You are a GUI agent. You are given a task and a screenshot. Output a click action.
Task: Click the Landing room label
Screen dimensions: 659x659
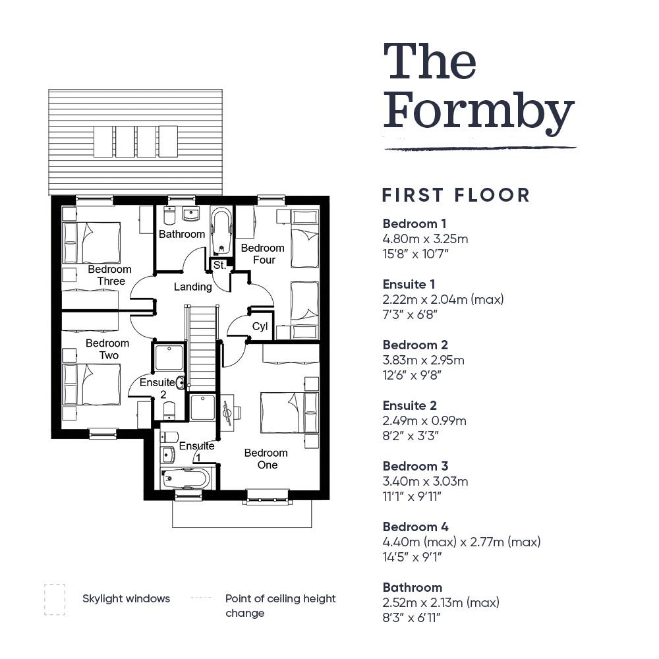pyautogui.click(x=193, y=287)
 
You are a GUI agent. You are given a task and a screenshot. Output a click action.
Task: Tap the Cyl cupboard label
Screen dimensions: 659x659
pyautogui.click(x=260, y=326)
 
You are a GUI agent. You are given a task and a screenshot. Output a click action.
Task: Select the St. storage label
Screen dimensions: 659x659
pyautogui.click(x=220, y=265)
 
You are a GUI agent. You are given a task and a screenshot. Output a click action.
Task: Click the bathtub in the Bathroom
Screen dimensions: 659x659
pyautogui.click(x=221, y=231)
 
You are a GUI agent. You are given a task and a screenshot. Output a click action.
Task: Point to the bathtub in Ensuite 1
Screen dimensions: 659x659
pyautogui.click(x=186, y=478)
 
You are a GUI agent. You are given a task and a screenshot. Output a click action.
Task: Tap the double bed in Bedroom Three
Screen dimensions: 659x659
pyautogui.click(x=92, y=243)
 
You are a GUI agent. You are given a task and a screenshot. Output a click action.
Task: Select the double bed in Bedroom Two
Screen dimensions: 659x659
pyautogui.click(x=92, y=385)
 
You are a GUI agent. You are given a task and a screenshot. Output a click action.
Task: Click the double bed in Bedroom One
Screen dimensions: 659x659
pyautogui.click(x=289, y=413)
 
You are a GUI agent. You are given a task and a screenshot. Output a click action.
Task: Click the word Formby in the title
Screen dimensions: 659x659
pyautogui.click(x=478, y=113)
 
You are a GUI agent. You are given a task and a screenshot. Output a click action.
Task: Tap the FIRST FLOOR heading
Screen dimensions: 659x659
pyautogui.click(x=456, y=196)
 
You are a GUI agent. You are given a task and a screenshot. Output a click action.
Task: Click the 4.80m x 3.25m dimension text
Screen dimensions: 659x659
pyautogui.click(x=425, y=239)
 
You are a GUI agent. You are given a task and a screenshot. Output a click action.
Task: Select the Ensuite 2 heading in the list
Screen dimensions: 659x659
pyautogui.click(x=410, y=405)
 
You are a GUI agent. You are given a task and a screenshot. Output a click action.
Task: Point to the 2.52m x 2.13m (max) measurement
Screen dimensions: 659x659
pyautogui.click(x=441, y=602)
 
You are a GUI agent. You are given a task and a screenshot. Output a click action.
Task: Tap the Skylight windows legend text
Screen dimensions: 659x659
pyautogui.click(x=126, y=599)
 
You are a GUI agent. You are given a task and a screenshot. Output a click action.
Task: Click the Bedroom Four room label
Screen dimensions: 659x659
pyautogui.click(x=263, y=254)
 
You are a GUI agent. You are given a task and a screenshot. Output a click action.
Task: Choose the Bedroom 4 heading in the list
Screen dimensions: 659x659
pyautogui.click(x=416, y=527)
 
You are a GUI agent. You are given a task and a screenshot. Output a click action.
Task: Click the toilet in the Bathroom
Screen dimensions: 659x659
pyautogui.click(x=169, y=215)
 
